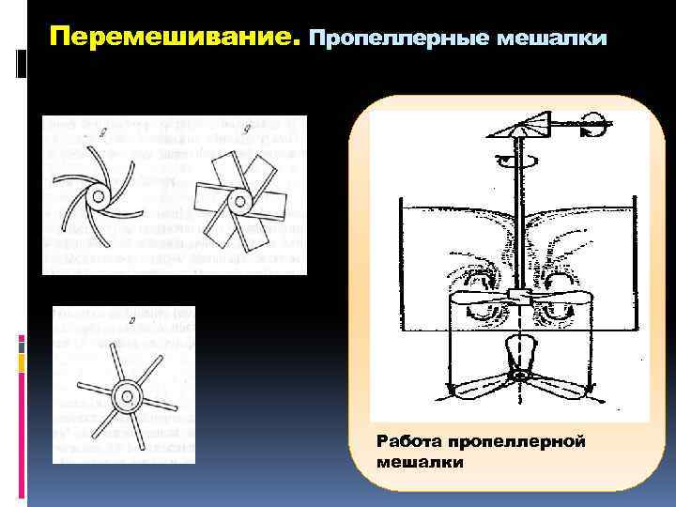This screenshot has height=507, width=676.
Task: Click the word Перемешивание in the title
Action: tap(174, 38)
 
